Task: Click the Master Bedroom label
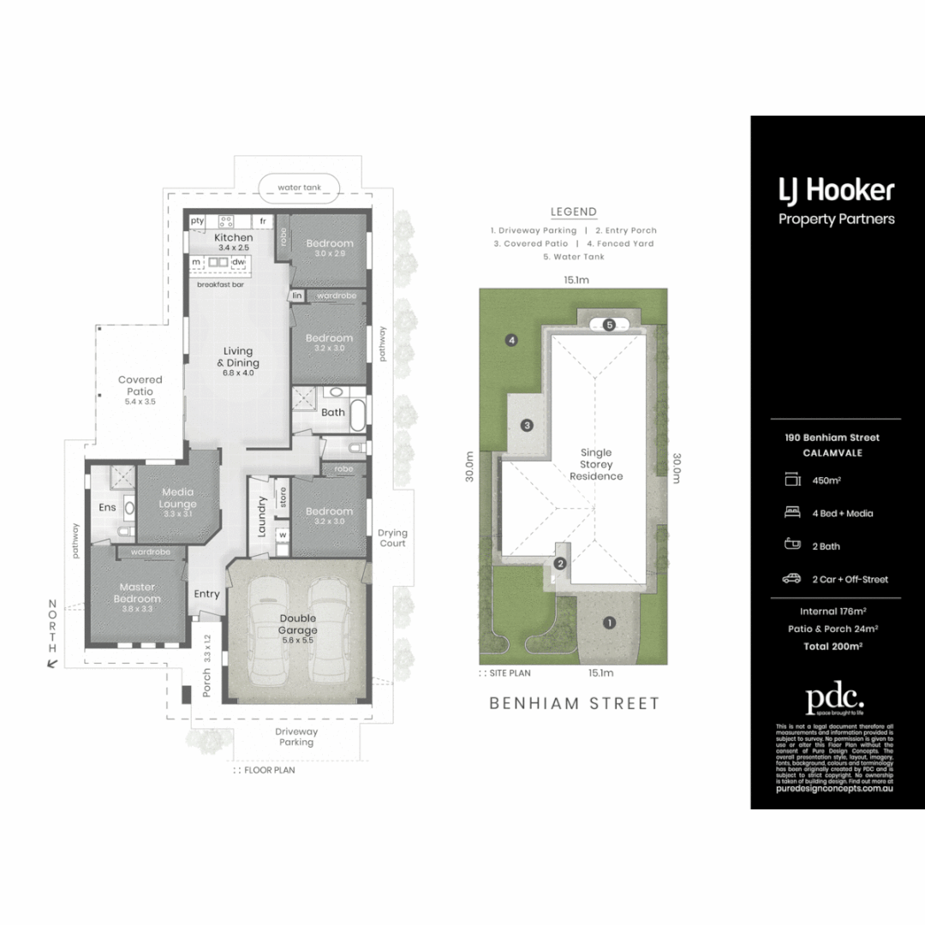click(137, 593)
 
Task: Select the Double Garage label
click(297, 624)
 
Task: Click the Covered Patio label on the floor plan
click(140, 385)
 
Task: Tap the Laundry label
click(264, 518)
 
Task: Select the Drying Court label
click(392, 538)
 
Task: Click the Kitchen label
click(233, 237)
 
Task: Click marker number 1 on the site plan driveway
click(609, 623)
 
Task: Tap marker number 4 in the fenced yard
click(511, 341)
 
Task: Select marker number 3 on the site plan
click(528, 425)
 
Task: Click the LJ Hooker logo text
click(836, 190)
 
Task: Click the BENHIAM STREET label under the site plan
click(574, 703)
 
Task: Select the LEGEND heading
click(574, 212)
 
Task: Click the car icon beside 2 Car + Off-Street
click(791, 579)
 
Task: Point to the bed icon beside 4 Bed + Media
click(791, 513)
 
